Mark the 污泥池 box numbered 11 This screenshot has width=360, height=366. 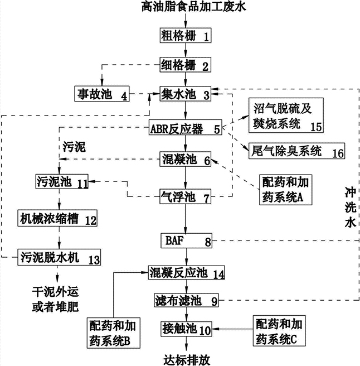coord(61,181)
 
